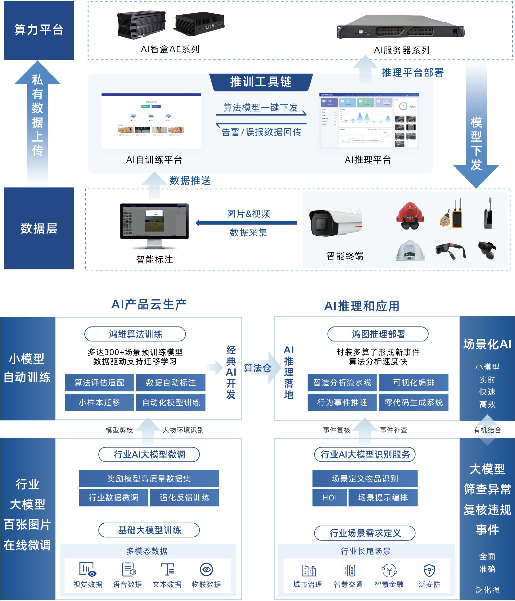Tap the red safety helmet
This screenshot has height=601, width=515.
pos(410,216)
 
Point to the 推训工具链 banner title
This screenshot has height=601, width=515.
pos(261,82)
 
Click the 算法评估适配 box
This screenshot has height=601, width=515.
pos(99,383)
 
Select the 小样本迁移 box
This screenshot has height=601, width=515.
pos(99,402)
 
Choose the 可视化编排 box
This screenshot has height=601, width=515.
pos(414,383)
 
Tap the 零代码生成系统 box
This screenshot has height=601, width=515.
pos(414,402)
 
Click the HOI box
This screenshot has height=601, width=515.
pos(330,498)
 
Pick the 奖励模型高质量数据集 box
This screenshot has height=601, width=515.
pos(149,479)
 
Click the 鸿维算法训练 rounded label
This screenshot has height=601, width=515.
pos(135,334)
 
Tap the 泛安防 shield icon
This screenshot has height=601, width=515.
pos(429,570)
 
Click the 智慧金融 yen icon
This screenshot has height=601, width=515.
pos(389,570)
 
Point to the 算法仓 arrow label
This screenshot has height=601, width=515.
pos(257,368)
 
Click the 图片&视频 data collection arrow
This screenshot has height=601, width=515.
pos(246,223)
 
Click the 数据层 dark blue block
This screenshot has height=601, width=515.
pos(39,228)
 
